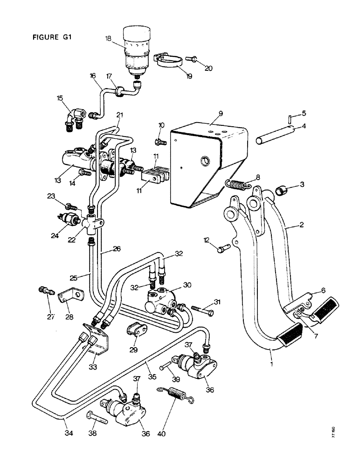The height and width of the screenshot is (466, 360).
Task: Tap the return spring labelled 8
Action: point(240,185)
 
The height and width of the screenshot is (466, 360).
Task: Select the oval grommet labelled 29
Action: point(134,332)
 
